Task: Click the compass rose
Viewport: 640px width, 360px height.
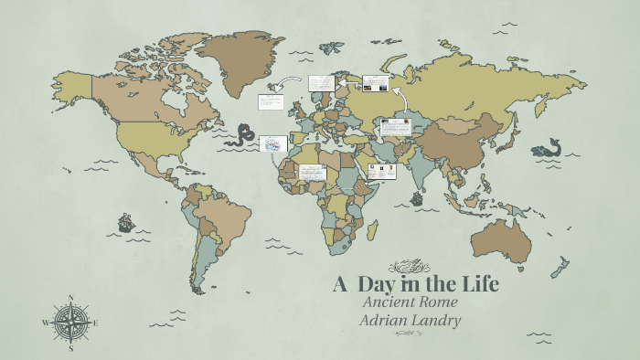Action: click(x=70, y=323)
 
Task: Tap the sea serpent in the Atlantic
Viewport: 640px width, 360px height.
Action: click(x=243, y=135)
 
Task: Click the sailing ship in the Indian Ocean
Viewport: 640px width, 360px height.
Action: click(x=417, y=197)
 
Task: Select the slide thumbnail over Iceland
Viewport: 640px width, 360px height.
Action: click(x=272, y=101)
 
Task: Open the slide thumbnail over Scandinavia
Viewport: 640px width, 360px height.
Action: click(x=321, y=83)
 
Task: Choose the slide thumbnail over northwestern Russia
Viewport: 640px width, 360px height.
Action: click(x=376, y=83)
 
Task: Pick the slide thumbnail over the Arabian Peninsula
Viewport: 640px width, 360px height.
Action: click(x=382, y=172)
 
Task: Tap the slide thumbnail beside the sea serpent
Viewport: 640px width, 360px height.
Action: click(x=273, y=143)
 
